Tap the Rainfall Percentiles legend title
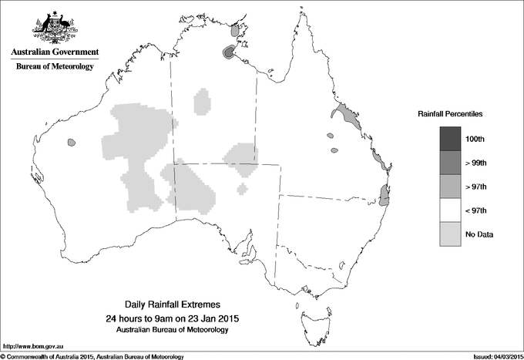(x=450, y=114)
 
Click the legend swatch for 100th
(x=451, y=139)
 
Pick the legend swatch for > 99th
(x=451, y=163)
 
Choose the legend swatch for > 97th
(x=451, y=187)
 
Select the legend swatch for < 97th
(x=451, y=210)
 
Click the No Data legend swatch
(x=451, y=234)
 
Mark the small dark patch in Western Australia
(x=71, y=143)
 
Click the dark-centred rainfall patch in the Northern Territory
(x=229, y=52)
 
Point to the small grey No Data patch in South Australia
(x=243, y=188)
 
